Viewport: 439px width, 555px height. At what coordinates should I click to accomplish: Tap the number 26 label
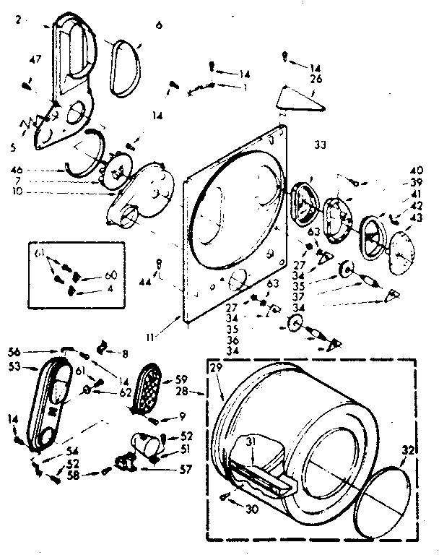316,79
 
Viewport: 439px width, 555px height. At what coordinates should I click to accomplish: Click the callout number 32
408,449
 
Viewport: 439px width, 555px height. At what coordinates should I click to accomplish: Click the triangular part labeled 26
300,98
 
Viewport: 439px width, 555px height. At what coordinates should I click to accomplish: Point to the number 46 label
17,171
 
